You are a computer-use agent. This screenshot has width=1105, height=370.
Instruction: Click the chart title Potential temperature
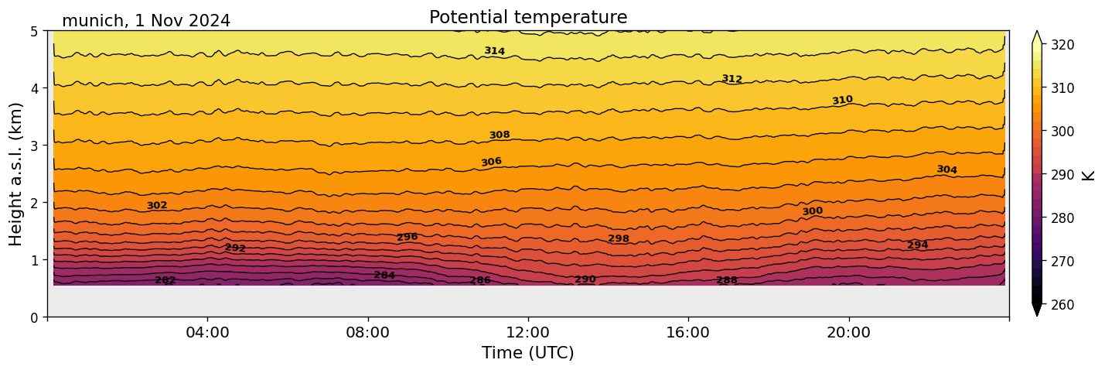pyautogui.click(x=528, y=17)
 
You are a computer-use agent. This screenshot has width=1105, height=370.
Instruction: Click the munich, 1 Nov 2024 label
pyautogui.click(x=146, y=21)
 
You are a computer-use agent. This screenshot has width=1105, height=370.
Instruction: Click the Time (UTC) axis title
pyautogui.click(x=528, y=353)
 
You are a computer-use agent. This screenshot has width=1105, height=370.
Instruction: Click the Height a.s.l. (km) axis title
pyautogui.click(x=16, y=173)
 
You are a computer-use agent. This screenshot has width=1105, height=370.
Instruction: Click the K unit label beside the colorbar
pyautogui.click(x=1089, y=175)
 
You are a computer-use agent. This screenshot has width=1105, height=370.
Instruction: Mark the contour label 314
pyautogui.click(x=495, y=51)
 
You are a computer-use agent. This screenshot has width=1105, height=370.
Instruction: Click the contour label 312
pyautogui.click(x=732, y=79)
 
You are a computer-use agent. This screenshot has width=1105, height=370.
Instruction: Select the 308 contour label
pyautogui.click(x=500, y=135)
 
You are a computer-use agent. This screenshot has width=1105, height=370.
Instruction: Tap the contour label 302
pyautogui.click(x=157, y=206)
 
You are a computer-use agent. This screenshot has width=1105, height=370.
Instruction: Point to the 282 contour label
pyautogui.click(x=165, y=280)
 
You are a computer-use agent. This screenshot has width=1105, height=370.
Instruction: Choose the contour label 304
pyautogui.click(x=946, y=170)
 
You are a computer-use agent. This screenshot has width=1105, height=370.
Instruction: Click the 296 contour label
pyautogui.click(x=407, y=237)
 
